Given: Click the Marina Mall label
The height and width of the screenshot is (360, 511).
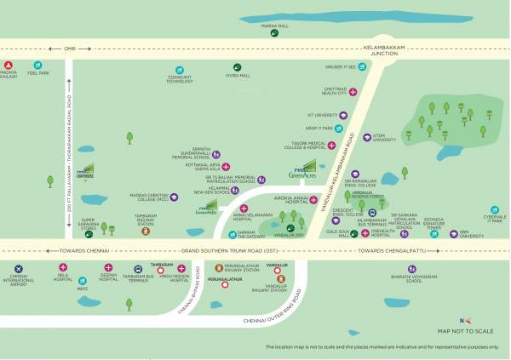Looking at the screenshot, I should (270, 26).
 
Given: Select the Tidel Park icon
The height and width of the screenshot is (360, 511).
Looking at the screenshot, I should (37, 66).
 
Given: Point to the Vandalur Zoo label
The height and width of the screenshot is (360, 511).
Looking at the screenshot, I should (294, 235).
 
